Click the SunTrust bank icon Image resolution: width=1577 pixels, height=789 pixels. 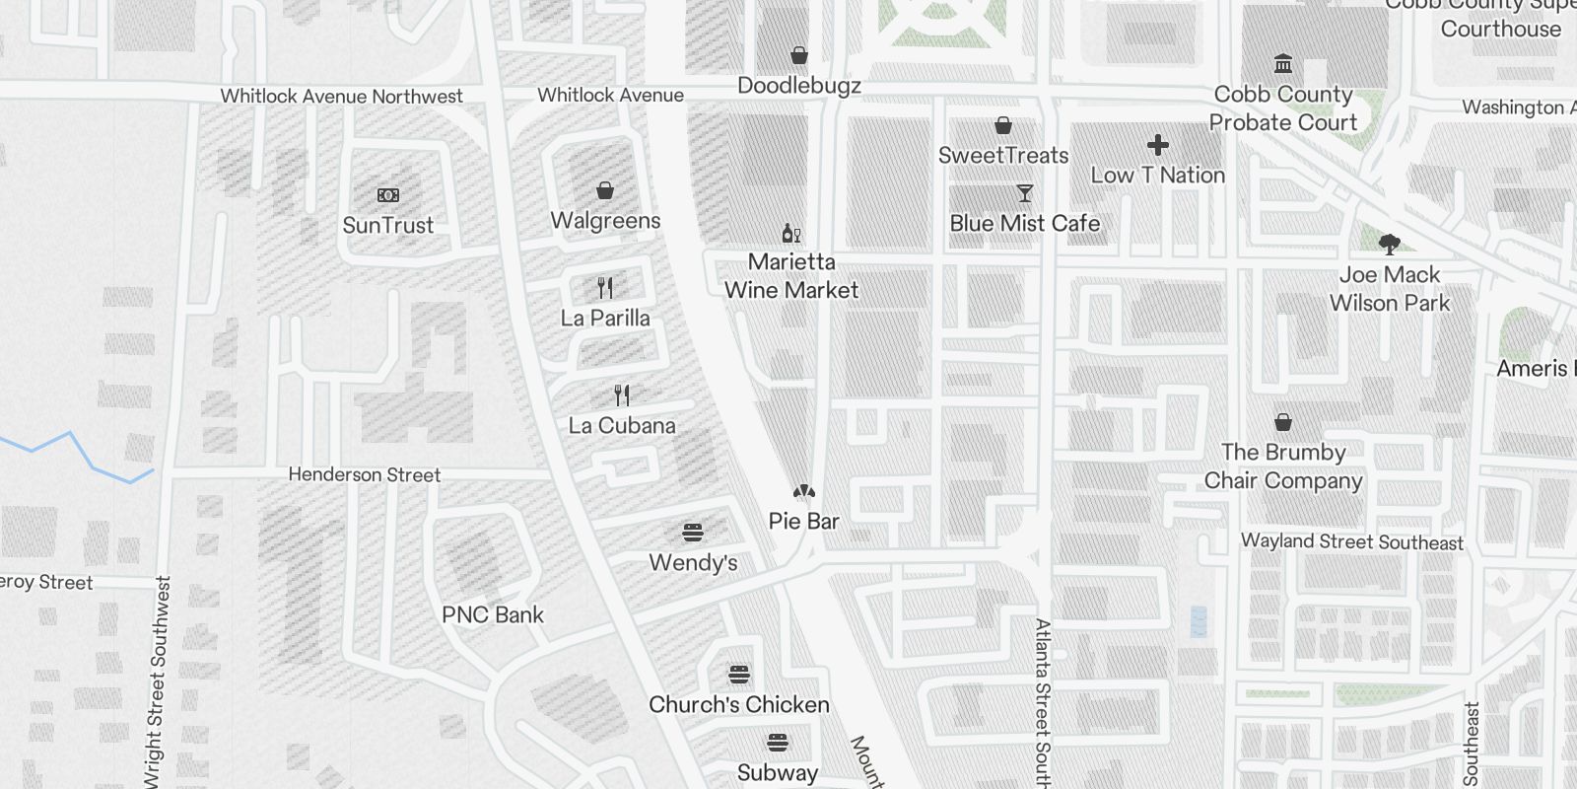[388, 195]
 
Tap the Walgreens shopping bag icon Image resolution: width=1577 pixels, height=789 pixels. [605, 190]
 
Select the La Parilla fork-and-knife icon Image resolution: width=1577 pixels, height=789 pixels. [605, 288]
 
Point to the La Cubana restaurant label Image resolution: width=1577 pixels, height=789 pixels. [622, 426]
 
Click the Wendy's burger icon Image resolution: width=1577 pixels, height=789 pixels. [693, 533]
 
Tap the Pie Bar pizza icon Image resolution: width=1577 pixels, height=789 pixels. [804, 491]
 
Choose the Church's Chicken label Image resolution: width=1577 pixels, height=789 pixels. [738, 704]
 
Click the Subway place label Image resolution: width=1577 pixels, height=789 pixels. [778, 772]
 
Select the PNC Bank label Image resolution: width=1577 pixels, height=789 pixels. [493, 614]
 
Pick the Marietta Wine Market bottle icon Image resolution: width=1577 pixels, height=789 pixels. [791, 233]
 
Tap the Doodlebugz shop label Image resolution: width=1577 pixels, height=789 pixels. [799, 86]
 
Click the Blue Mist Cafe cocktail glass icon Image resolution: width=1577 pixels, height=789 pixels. [1025, 193]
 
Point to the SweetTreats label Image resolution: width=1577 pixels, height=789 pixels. [1003, 155]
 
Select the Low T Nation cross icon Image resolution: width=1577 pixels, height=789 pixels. [1158, 146]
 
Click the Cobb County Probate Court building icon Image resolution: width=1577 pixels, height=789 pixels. [1283, 64]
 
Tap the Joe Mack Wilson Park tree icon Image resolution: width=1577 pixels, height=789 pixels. [1390, 244]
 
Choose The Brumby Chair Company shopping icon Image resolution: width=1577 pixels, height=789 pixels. [1283, 422]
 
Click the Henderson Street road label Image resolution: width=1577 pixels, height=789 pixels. [365, 474]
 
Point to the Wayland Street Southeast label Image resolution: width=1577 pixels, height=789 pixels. [1351, 541]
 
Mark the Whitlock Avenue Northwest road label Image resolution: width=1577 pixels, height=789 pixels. [341, 97]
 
